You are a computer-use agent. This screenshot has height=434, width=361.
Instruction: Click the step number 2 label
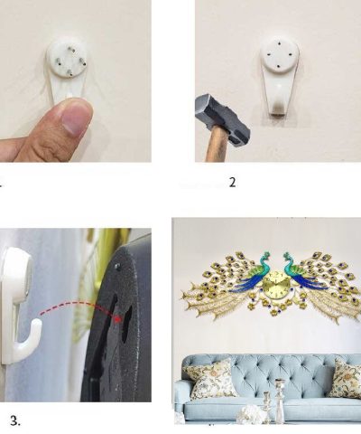pyautogui.click(x=232, y=182)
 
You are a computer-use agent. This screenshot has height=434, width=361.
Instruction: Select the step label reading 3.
pyautogui.click(x=15, y=420)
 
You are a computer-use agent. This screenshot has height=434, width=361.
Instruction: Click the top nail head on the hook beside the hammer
pyautogui.click(x=280, y=42)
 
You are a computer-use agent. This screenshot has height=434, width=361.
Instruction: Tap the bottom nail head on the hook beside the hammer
pyautogui.click(x=280, y=65)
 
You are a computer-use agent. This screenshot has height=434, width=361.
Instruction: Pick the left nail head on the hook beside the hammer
pyautogui.click(x=268, y=55)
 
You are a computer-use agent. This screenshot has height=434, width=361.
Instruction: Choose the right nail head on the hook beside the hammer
pyautogui.click(x=291, y=54)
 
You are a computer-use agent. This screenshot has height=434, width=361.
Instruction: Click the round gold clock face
pyautogui.click(x=274, y=283)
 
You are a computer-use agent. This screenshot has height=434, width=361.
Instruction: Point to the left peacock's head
pyautogui.click(x=265, y=255)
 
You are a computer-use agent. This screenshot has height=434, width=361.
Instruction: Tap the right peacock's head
pyautogui.click(x=286, y=256)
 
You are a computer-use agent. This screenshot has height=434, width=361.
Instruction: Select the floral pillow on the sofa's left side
pyautogui.click(x=209, y=379)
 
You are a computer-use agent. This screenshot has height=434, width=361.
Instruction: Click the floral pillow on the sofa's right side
pyautogui.click(x=345, y=378)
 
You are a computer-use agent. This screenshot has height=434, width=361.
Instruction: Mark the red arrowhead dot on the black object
pyautogui.click(x=120, y=318)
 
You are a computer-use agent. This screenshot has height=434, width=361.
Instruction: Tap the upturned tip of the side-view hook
pyautogui.click(x=37, y=325)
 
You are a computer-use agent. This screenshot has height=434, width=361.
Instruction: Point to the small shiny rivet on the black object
pyautogui.click(x=116, y=266)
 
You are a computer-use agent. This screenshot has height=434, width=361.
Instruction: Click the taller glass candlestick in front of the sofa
pyautogui.click(x=280, y=400)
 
